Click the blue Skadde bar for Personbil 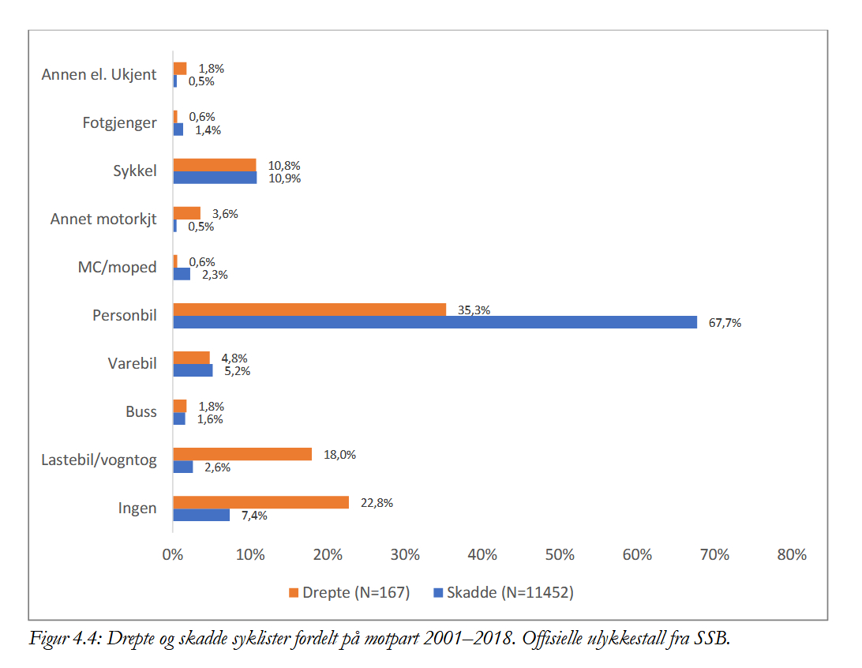435,322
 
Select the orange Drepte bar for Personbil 309,310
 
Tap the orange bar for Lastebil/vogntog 242,454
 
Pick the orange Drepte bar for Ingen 260,502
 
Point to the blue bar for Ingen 201,515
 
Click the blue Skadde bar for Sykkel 215,178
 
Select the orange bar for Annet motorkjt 186,213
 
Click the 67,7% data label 725,323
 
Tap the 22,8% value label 377,503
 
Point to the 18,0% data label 339,455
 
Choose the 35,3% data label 474,310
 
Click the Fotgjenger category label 119,123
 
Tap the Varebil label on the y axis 132,364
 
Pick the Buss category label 141,412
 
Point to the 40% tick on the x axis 482,555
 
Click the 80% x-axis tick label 791,555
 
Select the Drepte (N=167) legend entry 350,593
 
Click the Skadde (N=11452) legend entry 503,593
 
